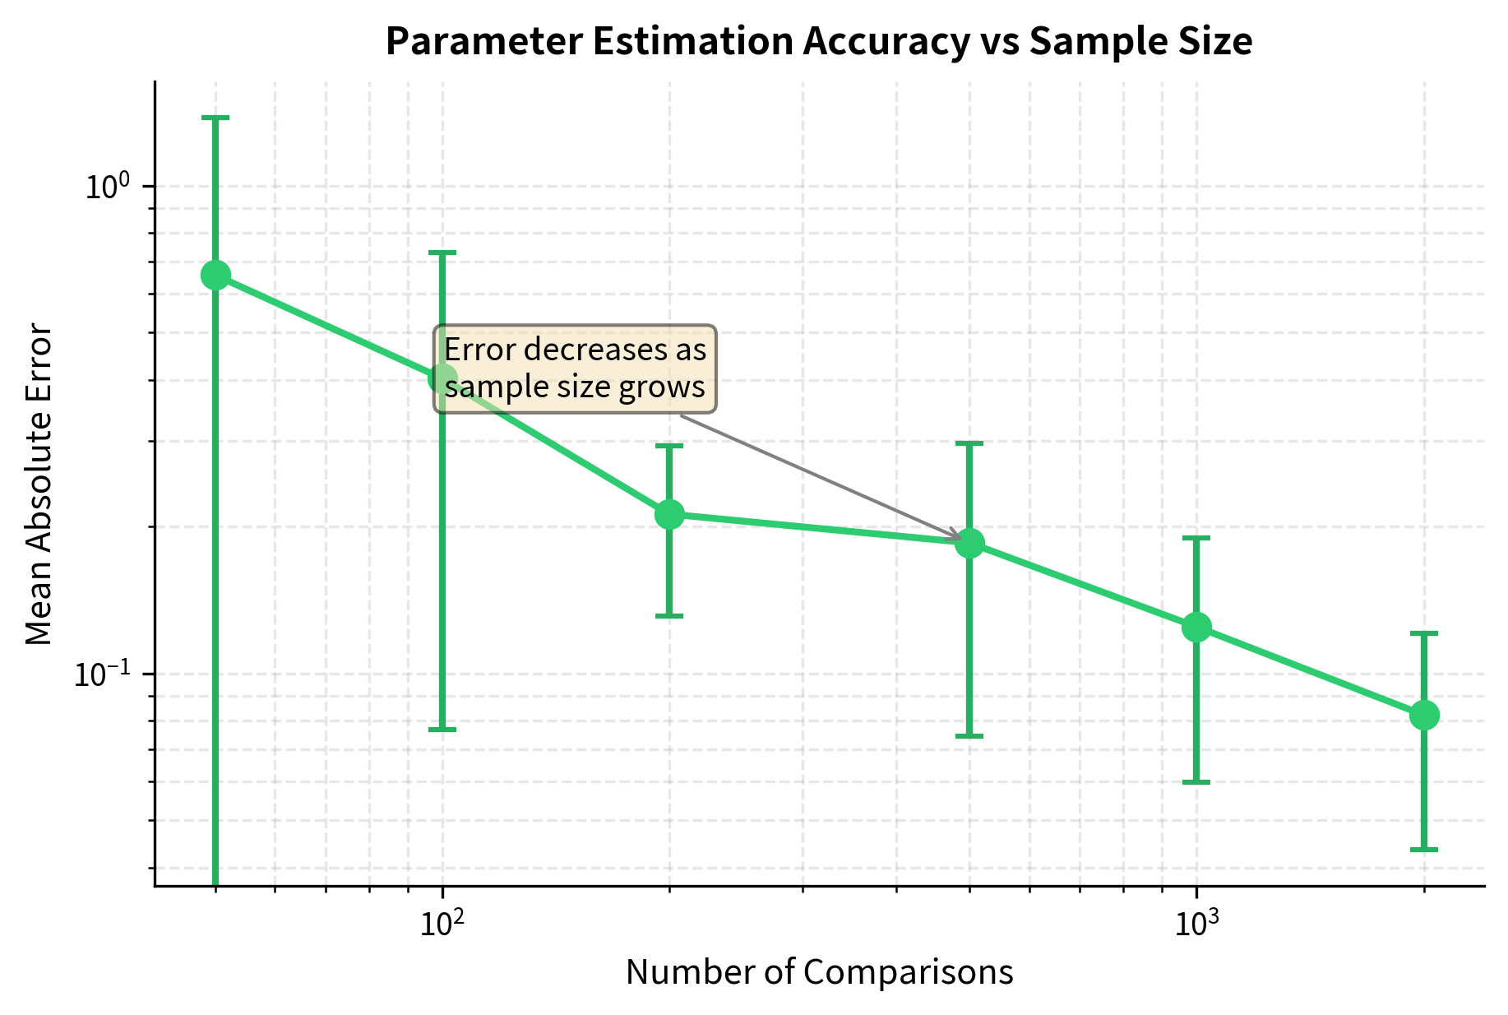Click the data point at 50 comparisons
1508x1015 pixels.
tap(215, 275)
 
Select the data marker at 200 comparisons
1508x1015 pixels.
tap(669, 515)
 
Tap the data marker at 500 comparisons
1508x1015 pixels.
tap(969, 543)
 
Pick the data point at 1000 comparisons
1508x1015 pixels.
tap(1196, 627)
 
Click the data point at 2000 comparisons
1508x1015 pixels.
tap(1424, 715)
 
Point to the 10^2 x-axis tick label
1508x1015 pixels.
tap(442, 923)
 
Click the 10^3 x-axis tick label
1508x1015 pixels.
tap(1196, 923)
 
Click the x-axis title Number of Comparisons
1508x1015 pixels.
tap(819, 972)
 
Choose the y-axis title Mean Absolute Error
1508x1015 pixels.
tap(39, 485)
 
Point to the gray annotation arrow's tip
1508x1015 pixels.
tap(960, 539)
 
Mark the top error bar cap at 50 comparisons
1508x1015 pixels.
tap(215, 118)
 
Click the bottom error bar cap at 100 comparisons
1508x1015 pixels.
tap(442, 730)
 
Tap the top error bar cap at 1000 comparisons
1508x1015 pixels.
tap(1196, 538)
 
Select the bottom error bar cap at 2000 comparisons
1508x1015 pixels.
tap(1424, 850)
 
